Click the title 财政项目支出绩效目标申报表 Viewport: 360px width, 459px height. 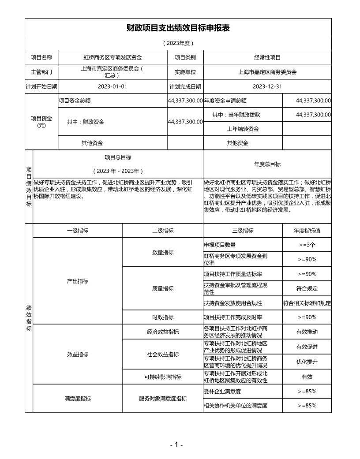point(178,28)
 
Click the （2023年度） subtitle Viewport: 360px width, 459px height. point(178,43)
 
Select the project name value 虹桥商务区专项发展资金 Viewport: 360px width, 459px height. point(112,57)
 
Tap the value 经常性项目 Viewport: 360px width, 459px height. point(267,57)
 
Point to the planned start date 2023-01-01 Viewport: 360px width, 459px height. point(112,86)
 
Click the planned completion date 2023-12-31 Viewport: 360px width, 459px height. point(267,86)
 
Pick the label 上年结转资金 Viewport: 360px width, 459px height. point(243,129)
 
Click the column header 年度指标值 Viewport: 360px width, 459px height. point(307,231)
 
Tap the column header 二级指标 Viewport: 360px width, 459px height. point(163,231)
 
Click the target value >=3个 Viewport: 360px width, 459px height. point(307,245)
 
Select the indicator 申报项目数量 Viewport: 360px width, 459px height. point(220,245)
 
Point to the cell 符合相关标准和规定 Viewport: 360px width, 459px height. point(307,303)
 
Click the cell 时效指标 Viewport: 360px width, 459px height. point(163,317)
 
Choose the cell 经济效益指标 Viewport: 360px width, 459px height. point(163,332)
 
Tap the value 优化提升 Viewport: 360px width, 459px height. point(307,362)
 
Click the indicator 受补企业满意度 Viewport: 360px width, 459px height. point(222,391)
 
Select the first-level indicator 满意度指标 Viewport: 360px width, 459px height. point(78,398)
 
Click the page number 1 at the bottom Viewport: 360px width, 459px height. point(176,445)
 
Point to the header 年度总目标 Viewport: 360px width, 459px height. point(267,164)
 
